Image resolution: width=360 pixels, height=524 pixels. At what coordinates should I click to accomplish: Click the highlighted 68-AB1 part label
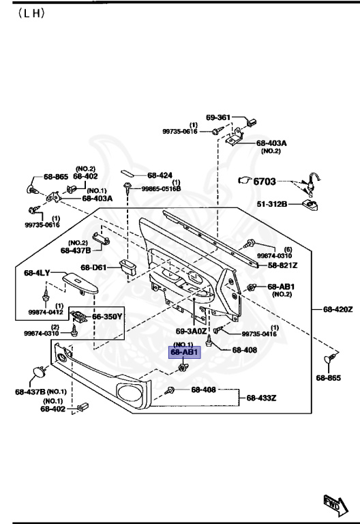point(184,352)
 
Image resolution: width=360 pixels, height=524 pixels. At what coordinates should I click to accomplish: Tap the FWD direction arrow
point(336,505)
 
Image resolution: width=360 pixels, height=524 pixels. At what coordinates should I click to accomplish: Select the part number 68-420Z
point(337,309)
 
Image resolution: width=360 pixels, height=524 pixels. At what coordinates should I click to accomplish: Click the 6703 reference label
point(265,181)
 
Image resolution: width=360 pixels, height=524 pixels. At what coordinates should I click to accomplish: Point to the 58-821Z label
point(282,265)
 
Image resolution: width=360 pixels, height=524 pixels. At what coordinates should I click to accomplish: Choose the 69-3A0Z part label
point(192,331)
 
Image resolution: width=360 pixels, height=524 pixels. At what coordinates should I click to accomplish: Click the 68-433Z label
point(262,398)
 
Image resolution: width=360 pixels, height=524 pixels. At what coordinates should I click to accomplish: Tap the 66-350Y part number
point(107,317)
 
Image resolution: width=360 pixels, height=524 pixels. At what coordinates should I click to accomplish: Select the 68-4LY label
point(37,273)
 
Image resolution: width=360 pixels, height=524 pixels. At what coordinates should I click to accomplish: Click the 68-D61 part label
point(93,267)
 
